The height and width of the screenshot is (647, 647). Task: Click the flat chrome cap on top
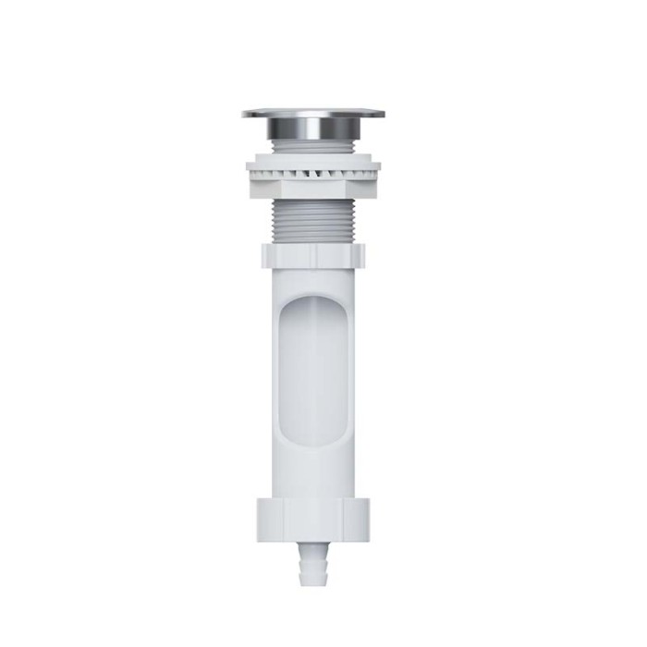314,115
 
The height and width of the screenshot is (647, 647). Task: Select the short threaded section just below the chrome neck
314,149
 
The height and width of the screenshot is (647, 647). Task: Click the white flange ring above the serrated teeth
314,163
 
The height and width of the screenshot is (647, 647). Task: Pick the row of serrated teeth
314,173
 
